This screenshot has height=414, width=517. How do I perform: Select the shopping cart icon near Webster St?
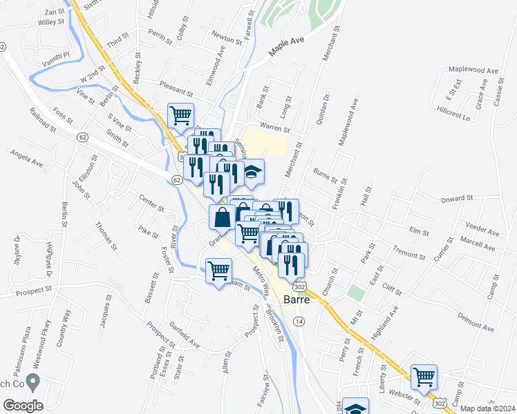(x=424, y=377)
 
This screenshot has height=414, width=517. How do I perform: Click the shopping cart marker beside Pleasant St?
(x=181, y=115)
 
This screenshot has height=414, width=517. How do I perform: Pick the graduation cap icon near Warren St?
(x=253, y=172)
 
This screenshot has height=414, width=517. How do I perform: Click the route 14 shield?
(x=299, y=322)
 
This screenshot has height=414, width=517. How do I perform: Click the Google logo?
(x=23, y=405)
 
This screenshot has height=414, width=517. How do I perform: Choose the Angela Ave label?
(x=26, y=160)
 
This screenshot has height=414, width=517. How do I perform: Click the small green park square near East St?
(x=355, y=292)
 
